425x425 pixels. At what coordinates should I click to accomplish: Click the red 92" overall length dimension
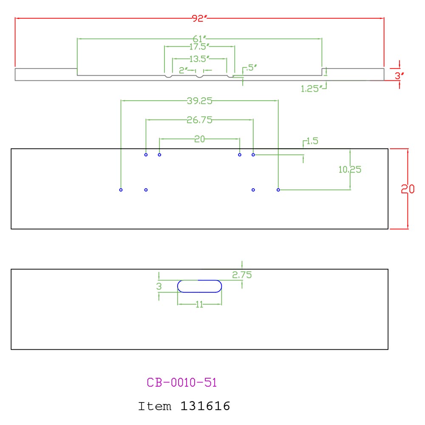[x=199, y=18]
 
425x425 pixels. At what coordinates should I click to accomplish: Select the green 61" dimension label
[x=199, y=39]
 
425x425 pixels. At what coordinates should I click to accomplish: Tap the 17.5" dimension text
[x=199, y=47]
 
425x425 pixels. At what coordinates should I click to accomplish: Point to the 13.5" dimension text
[x=199, y=59]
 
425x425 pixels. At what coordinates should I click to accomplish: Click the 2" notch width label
[x=183, y=71]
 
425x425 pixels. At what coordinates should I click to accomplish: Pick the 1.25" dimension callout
[x=312, y=89]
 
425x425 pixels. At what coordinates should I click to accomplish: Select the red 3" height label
[x=399, y=76]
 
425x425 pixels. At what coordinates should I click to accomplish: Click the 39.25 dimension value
[x=199, y=101]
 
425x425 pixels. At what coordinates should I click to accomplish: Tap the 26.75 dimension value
[x=199, y=120]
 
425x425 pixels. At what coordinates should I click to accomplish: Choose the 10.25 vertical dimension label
[x=350, y=170]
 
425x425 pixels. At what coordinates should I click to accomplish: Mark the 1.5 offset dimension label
[x=312, y=141]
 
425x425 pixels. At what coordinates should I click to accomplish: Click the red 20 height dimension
[x=408, y=189]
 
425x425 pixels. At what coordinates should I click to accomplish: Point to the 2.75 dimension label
[x=242, y=275]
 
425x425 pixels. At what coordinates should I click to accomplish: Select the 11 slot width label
[x=199, y=305]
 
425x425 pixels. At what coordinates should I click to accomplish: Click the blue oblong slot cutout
[x=199, y=280]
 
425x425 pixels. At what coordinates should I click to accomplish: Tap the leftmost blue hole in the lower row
[x=121, y=190]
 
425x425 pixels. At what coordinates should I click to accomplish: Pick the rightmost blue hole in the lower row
[x=278, y=190]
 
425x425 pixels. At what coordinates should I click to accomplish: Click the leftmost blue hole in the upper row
[x=146, y=155]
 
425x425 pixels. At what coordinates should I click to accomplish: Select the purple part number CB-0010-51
[x=181, y=382]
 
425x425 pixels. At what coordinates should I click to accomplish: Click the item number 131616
[x=205, y=406]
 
